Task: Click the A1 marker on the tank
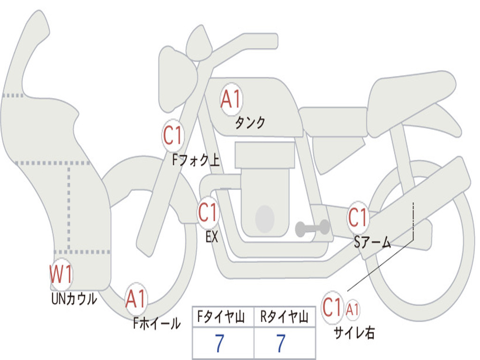tap(230, 99)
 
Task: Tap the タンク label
tap(250, 123)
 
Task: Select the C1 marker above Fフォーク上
tap(172, 135)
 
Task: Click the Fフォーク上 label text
tap(195, 161)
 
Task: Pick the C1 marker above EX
tap(208, 213)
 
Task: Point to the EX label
tap(212, 237)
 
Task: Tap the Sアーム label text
tap(372, 242)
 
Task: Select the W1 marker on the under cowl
tap(61, 274)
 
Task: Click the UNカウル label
tap(74, 299)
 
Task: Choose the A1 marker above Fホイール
tap(136, 299)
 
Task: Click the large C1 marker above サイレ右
tap(332, 308)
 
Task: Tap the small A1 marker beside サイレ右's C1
tap(353, 309)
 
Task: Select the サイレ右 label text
tap(354, 333)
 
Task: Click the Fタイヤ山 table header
tap(223, 317)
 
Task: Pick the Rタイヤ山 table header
tap(285, 317)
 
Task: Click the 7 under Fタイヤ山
tap(219, 343)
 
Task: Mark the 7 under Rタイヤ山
tap(281, 343)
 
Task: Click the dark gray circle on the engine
tap(265, 218)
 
